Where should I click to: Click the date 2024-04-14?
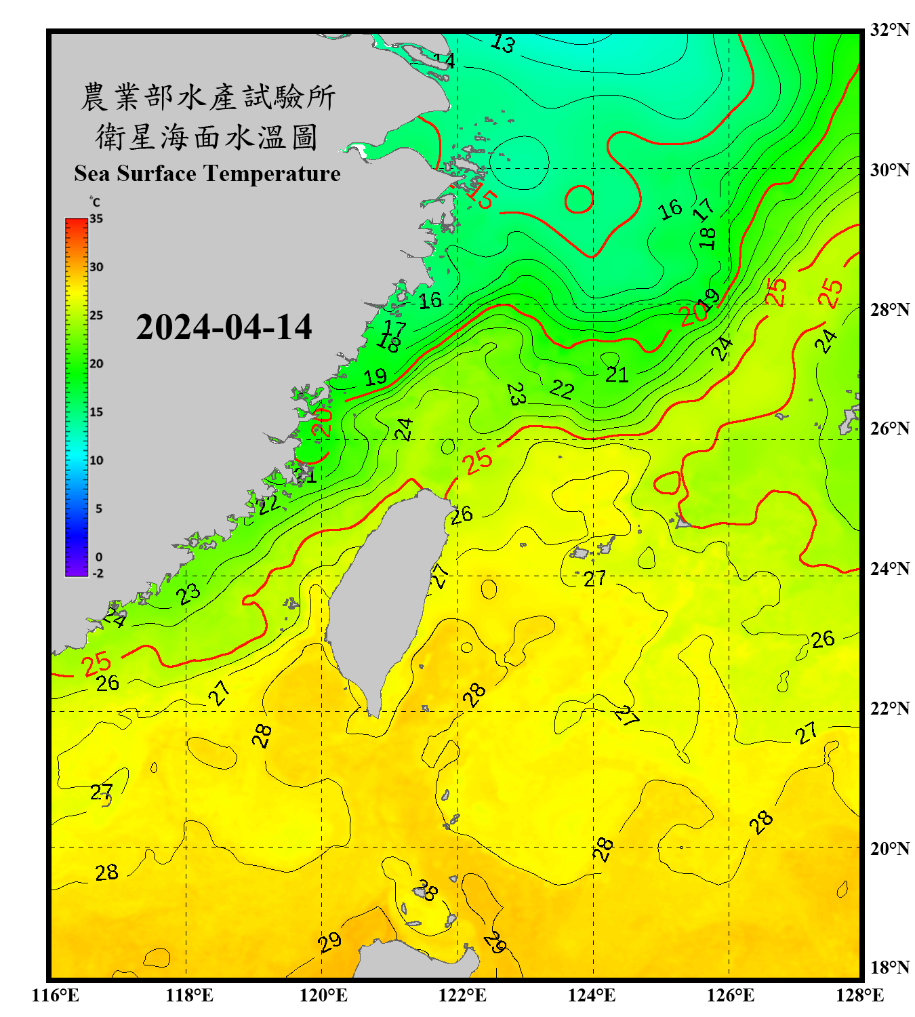point(224,327)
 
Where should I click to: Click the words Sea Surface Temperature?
point(207,174)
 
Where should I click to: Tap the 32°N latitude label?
point(889,30)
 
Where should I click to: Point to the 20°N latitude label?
point(889,848)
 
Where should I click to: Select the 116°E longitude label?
point(56,995)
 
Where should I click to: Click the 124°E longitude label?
point(592,995)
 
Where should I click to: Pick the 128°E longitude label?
point(859,995)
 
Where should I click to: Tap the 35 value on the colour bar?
point(96,219)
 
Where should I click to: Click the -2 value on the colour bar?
point(98,573)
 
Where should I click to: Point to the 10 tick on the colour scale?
point(96,460)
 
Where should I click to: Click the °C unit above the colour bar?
point(95,202)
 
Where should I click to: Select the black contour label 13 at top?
point(503,44)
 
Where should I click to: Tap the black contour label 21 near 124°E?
point(617,374)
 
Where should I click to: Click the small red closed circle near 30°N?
point(579,199)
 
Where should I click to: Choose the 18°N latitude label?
point(889,967)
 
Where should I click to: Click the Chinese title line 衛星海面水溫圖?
point(207,137)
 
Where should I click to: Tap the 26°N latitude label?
point(889,428)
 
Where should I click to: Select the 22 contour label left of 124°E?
point(562,389)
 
